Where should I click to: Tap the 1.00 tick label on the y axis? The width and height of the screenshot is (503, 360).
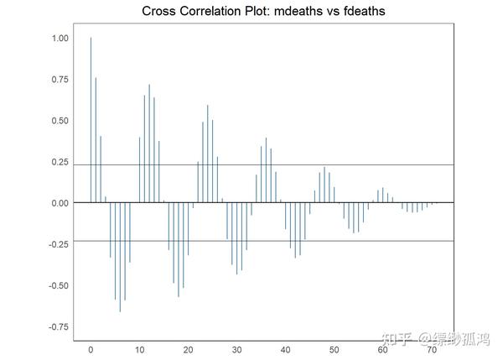(60, 39)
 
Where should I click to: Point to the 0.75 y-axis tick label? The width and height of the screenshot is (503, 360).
(60, 80)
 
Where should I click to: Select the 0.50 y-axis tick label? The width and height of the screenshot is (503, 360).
(60, 121)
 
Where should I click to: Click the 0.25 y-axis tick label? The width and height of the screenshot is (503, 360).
(60, 162)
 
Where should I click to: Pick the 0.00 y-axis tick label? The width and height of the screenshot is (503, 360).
(60, 203)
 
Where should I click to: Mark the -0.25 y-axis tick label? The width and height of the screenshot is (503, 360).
(58, 244)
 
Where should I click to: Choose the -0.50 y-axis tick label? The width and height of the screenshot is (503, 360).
(58, 285)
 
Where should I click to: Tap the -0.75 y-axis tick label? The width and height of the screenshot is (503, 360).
(58, 326)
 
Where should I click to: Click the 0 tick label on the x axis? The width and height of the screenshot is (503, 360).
(91, 349)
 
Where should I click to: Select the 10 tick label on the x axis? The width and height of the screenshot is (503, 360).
(139, 349)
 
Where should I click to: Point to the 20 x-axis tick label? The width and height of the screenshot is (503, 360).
(188, 349)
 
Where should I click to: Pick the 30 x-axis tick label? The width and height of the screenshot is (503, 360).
(236, 349)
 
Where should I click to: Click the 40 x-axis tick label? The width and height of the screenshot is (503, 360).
(286, 349)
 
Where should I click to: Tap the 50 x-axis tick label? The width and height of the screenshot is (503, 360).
(334, 349)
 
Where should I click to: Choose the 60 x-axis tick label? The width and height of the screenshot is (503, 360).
(383, 349)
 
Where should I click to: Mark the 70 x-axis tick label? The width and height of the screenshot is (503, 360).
(432, 349)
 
